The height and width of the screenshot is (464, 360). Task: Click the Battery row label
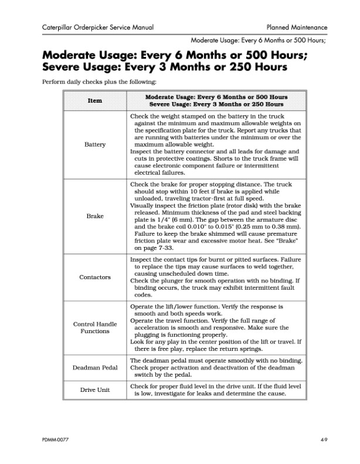95,144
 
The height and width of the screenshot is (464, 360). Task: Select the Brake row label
95,216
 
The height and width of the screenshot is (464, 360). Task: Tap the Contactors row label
95,277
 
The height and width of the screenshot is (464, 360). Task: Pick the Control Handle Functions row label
95,327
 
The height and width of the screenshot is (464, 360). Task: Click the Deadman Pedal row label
95,368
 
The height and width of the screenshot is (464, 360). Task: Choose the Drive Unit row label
95,390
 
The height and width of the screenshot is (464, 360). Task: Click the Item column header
95,100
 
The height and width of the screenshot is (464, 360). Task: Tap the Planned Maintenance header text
296,28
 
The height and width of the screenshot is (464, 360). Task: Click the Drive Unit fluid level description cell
216,390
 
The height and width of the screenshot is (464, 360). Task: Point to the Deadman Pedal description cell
216,368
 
